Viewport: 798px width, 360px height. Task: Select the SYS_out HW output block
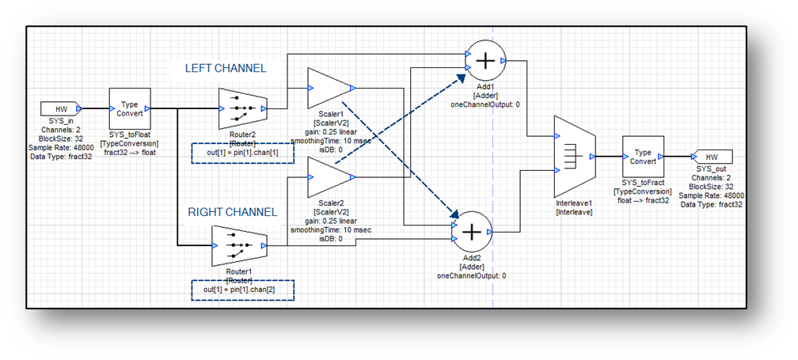coord(710,157)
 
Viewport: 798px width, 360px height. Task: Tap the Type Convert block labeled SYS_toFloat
coord(130,108)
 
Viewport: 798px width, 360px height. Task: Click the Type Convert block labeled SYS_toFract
coord(643,156)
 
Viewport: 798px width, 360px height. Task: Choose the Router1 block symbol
coord(235,245)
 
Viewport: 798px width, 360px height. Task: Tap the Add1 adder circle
coord(488,60)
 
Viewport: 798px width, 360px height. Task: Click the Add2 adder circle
coord(472,231)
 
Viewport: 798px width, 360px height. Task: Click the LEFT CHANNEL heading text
coord(226,69)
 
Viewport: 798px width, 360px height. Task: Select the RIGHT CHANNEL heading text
coord(232,212)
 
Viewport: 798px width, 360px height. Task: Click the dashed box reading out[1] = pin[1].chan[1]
coord(242,152)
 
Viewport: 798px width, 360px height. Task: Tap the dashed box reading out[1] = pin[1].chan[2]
coord(242,290)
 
